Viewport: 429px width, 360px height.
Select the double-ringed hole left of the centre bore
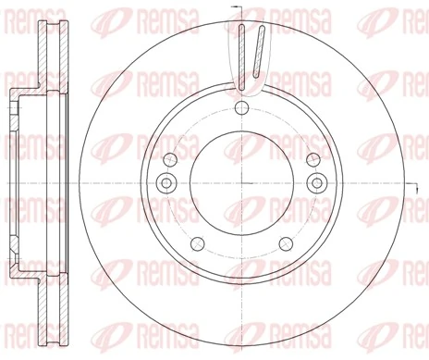coord(167,180)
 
